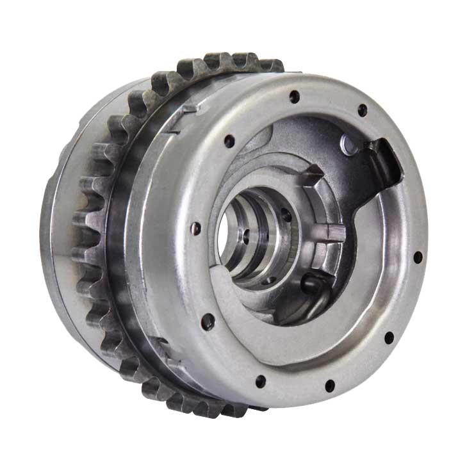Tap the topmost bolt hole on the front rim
[x=294, y=97]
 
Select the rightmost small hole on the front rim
[x=418, y=257]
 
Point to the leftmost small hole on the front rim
[x=196, y=227]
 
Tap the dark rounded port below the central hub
[x=312, y=283]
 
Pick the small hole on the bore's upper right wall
[x=286, y=218]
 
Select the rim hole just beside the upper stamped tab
[x=229, y=142]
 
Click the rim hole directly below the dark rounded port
[x=329, y=385]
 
